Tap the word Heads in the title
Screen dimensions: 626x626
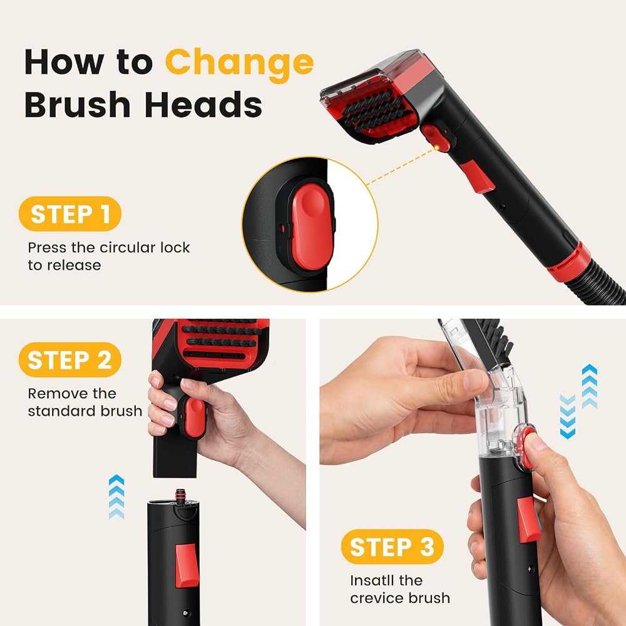click(x=203, y=104)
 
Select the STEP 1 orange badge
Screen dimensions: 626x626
click(x=70, y=214)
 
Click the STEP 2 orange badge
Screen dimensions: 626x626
click(x=70, y=360)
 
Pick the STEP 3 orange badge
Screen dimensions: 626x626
click(x=392, y=546)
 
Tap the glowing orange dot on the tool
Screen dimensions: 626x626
click(x=437, y=148)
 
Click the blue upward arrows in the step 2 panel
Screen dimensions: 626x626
click(x=116, y=496)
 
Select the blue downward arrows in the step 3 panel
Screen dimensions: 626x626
click(x=567, y=416)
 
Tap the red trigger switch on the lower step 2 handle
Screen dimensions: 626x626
click(x=187, y=565)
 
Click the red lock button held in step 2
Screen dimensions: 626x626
click(x=195, y=417)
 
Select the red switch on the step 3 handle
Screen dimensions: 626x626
click(x=529, y=520)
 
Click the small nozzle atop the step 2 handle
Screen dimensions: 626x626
click(x=181, y=495)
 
